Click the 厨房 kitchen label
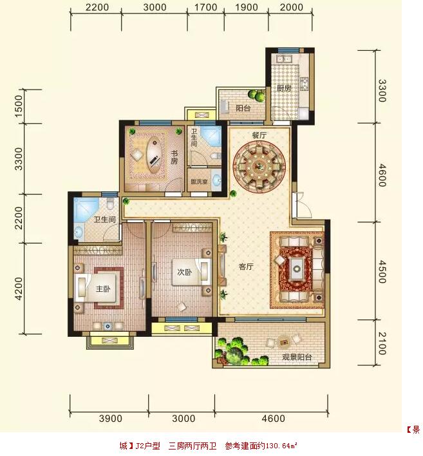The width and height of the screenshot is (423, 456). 284,88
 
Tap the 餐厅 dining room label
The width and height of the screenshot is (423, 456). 259,135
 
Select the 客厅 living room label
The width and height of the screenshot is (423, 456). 246,267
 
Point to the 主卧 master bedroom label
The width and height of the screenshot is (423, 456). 103,289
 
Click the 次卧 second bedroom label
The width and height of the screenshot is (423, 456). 185,272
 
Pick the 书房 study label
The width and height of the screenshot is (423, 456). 174,157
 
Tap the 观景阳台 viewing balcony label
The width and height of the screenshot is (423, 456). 297,357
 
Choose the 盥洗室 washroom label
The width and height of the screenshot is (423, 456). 199,182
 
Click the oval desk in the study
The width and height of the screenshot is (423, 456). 155,155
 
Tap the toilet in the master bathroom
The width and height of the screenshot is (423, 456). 110,204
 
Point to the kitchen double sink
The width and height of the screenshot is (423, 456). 285,59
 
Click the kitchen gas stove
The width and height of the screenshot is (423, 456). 304,84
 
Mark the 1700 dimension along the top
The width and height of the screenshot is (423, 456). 206,7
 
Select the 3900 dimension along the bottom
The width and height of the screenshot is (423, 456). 111,419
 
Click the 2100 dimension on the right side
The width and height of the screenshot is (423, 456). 382,343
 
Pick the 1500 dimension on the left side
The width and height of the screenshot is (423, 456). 18,106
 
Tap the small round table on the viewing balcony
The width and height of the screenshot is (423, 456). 283,342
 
